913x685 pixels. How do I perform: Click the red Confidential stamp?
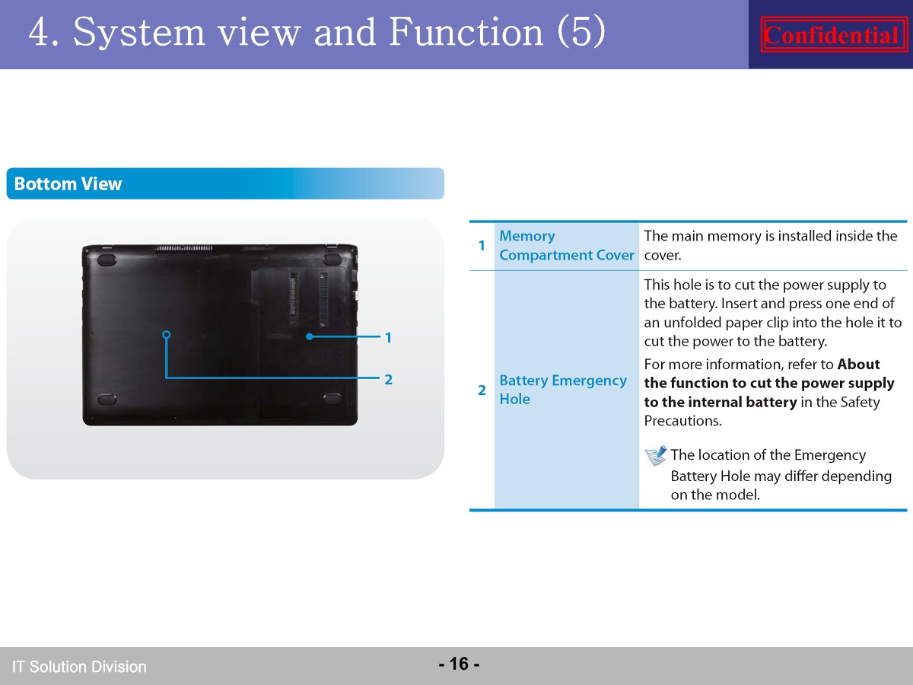(834, 34)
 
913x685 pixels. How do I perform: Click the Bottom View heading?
(68, 184)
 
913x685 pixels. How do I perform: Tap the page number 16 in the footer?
(459, 664)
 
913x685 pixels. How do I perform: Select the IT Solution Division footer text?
(79, 667)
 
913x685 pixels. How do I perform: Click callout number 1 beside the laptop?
(388, 338)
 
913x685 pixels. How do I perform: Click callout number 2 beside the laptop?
(388, 379)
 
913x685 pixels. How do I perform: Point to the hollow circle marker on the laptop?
(167, 335)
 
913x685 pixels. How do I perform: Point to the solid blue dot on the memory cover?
(309, 336)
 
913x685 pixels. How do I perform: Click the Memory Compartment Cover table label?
(567, 245)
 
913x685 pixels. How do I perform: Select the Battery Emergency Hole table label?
(563, 390)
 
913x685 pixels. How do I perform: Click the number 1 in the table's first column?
(482, 246)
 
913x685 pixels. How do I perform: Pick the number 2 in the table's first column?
(482, 390)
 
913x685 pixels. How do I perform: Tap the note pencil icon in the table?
(656, 455)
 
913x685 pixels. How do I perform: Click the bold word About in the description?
(858, 365)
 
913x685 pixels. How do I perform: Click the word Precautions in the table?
(683, 421)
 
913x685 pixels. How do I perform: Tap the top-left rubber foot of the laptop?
(107, 260)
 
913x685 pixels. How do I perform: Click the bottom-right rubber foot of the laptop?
(332, 399)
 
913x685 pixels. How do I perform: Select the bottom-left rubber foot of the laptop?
(107, 400)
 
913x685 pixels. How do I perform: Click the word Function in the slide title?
(466, 32)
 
